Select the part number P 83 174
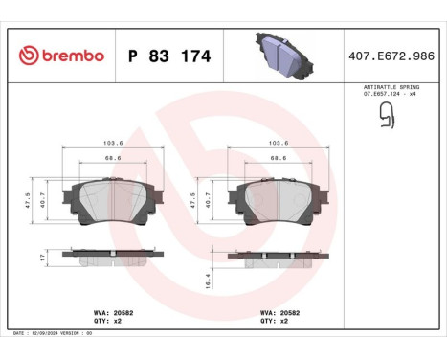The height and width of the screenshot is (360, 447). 168,56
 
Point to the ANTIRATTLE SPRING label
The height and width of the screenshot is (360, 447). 390,86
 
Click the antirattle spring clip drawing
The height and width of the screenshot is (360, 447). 387,115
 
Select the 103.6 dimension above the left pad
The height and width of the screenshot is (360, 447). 112,143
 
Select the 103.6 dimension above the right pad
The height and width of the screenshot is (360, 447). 278,143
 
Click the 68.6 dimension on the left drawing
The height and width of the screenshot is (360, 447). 112,158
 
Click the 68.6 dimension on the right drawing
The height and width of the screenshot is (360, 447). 278,158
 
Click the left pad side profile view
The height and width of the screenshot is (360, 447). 112,256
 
